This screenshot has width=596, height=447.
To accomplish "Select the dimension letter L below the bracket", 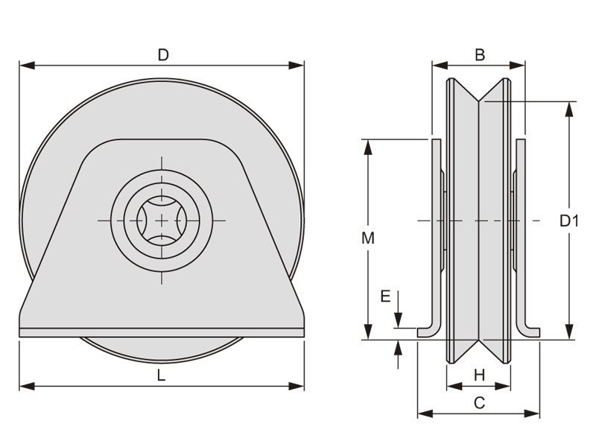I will click(x=162, y=375).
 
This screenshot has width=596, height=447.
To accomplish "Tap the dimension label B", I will click(x=480, y=54).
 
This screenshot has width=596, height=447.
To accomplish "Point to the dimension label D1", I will click(x=569, y=221).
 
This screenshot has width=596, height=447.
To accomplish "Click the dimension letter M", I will click(x=367, y=238).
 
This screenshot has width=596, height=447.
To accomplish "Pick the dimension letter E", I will click(x=385, y=297).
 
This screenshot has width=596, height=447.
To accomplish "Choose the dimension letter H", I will click(x=479, y=375).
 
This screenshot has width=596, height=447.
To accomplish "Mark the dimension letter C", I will click(x=480, y=403).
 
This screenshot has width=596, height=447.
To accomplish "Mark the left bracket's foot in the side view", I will click(x=428, y=332).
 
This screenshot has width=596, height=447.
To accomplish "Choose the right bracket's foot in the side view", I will click(x=530, y=332).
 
